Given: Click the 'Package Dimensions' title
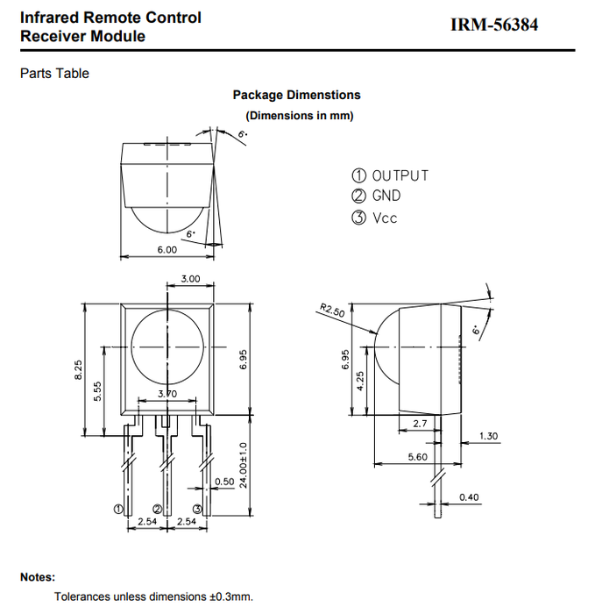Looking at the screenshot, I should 296,95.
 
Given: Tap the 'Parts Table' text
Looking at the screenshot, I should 54,74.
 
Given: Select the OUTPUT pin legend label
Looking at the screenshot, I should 400,175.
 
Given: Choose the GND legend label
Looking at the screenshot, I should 386,196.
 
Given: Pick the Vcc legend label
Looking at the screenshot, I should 385,218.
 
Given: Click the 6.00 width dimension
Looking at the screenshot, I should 166,250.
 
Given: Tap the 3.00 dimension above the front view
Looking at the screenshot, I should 190,278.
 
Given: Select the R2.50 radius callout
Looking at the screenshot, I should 331,311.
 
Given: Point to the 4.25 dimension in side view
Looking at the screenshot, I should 359,383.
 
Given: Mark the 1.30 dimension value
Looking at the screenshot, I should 490,436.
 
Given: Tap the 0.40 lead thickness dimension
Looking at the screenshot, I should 470,498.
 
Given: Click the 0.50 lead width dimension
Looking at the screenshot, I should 224,482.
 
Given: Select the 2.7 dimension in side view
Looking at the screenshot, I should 419,424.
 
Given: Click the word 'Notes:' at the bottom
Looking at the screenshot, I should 38,577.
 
